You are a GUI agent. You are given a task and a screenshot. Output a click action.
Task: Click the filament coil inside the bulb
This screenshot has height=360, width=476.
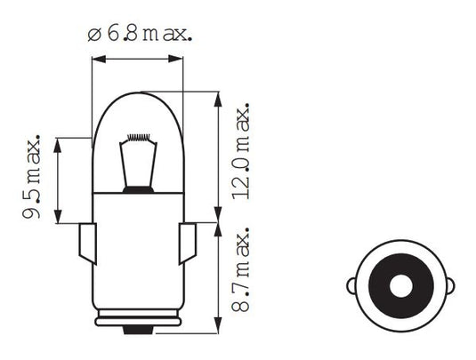click(137, 137)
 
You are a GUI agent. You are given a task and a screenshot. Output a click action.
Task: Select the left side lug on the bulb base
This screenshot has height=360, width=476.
click(87, 242)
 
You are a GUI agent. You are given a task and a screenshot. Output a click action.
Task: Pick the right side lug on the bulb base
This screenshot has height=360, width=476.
click(189, 242)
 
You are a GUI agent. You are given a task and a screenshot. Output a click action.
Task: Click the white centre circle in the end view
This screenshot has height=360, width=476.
click(401, 287)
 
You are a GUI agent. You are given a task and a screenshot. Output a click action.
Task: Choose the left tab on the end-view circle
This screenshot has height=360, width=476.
click(351, 287)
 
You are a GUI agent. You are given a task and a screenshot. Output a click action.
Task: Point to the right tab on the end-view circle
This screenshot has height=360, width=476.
click(451, 287)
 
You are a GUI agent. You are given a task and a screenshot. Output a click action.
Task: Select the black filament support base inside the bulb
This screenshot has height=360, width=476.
click(137, 188)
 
